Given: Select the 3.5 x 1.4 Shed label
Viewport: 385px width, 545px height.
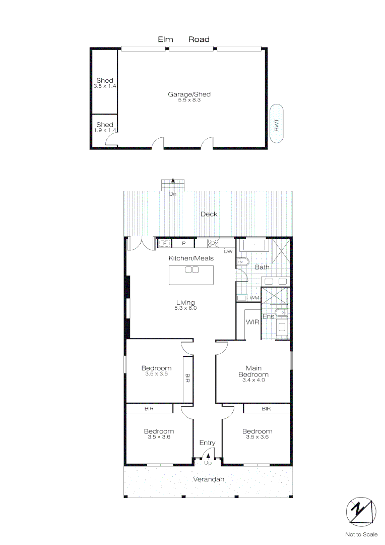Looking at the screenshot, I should click(105, 83).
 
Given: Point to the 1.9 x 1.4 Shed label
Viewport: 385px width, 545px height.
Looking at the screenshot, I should click(105, 127).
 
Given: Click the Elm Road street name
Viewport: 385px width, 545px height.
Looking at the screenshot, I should click(183, 39).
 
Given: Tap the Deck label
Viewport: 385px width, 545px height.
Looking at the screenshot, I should click(209, 214).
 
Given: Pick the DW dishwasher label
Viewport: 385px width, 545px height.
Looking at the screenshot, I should click(228, 251).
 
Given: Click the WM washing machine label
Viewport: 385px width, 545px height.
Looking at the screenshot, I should click(254, 298).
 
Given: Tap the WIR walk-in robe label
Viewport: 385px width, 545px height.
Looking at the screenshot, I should click(252, 322).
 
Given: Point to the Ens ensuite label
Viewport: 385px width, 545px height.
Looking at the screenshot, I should click(268, 316).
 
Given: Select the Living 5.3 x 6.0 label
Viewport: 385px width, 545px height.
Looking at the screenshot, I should click(185, 305).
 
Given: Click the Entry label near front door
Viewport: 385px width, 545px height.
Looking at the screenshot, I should click(207, 443).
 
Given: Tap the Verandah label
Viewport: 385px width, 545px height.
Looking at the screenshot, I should click(209, 479).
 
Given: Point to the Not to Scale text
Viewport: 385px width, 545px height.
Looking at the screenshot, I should click(361, 534).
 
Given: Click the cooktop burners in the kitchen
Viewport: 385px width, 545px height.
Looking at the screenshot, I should click(213, 243).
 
